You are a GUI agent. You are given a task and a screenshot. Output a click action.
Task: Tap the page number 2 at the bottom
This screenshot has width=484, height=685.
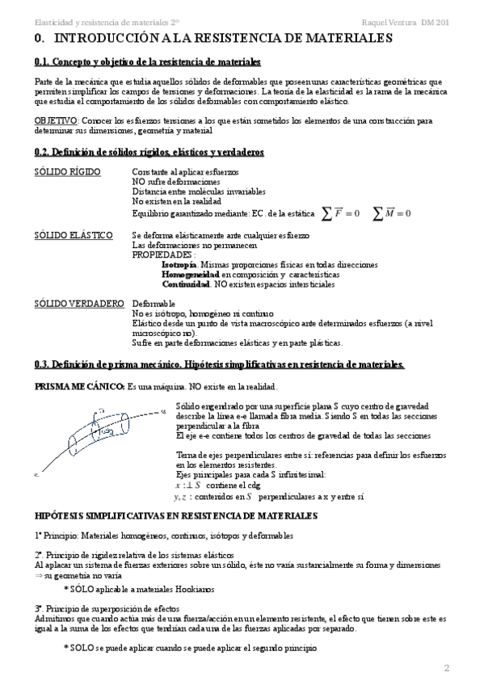pos(445,667)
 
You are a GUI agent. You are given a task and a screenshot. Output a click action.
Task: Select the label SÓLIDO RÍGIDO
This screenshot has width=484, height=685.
pos(67,172)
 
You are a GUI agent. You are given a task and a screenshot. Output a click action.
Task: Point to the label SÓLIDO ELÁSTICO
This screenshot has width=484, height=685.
pos(73,235)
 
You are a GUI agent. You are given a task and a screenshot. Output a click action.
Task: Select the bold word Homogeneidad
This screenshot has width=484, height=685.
pos(191,275)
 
